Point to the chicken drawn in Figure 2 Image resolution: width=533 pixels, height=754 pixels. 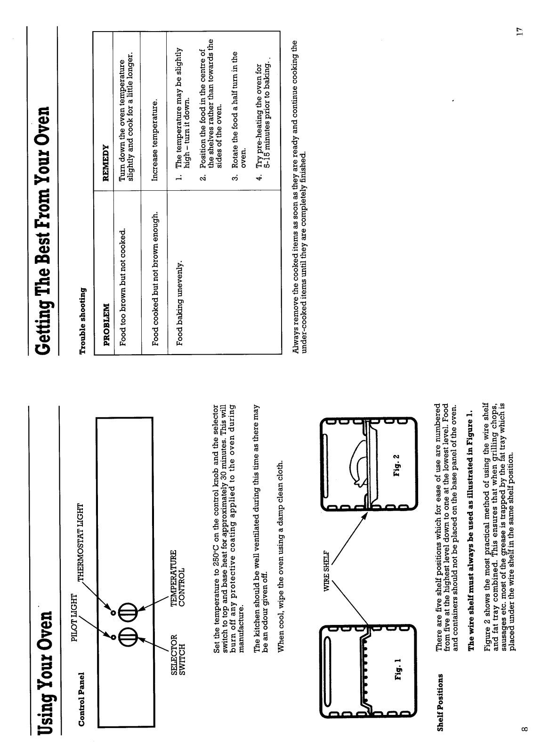pos(359,467)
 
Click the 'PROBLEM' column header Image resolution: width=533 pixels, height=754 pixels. pos(107,318)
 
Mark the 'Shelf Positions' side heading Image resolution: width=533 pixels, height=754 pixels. pos(112,702)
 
